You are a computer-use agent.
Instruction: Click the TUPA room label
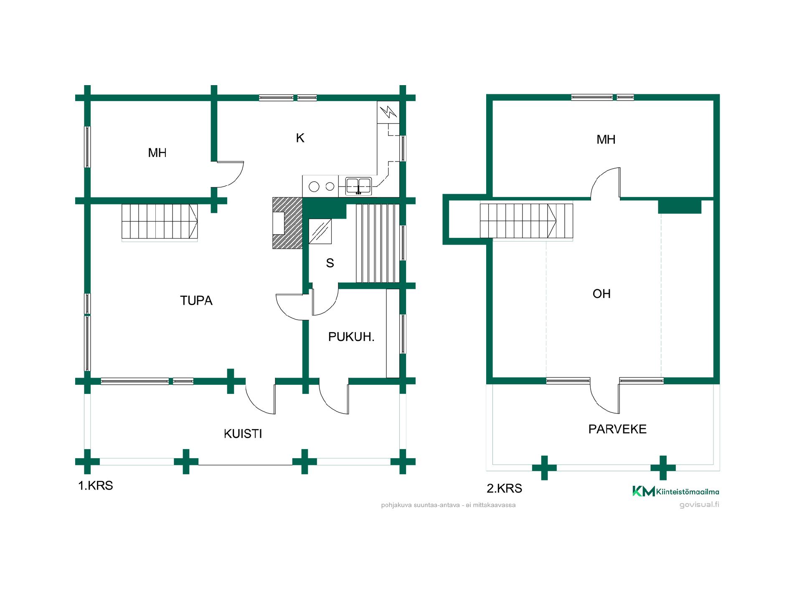point(196,300)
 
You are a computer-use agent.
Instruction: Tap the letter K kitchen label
point(300,138)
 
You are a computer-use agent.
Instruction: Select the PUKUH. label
point(351,337)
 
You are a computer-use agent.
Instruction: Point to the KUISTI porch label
point(243,434)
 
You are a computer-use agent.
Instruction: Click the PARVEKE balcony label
point(617,429)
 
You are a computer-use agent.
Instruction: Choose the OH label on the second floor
point(601,294)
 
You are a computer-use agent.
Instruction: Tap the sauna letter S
point(330,263)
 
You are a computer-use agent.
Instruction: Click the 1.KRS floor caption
point(96,486)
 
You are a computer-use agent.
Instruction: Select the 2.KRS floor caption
point(504,488)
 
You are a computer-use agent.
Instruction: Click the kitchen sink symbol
point(358,186)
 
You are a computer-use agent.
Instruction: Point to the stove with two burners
point(322,187)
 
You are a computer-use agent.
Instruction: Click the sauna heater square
point(320,231)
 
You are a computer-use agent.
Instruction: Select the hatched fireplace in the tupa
point(287,223)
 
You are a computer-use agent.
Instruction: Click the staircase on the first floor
point(160,222)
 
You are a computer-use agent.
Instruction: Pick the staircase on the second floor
point(526,222)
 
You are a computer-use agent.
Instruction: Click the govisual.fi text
point(699,505)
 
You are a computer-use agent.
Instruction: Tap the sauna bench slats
point(375,243)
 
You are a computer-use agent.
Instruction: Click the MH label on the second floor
point(606,139)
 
